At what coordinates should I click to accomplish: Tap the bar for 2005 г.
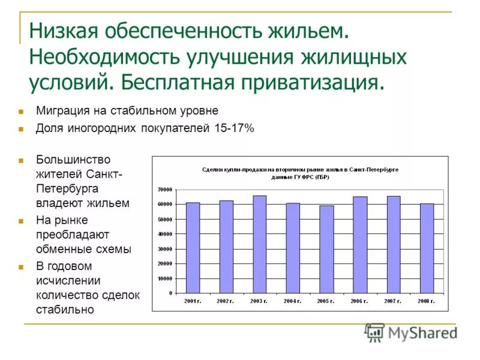coord(326,249)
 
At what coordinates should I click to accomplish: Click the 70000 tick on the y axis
coord(165,190)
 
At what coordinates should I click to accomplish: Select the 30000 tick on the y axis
coord(165,249)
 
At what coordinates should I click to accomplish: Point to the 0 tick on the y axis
coord(170,293)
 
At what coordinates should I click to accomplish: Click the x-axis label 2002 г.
coord(226,300)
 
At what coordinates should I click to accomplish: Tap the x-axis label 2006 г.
coord(360,300)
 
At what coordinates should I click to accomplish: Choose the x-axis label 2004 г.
coord(293,300)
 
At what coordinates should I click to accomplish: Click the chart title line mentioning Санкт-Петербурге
coord(300,170)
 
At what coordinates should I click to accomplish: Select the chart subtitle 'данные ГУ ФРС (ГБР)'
coord(300,178)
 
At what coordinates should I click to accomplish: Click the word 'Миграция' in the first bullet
coord(60,111)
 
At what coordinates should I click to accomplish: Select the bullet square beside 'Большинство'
coord(20,160)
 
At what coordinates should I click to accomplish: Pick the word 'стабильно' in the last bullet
coord(65,310)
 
